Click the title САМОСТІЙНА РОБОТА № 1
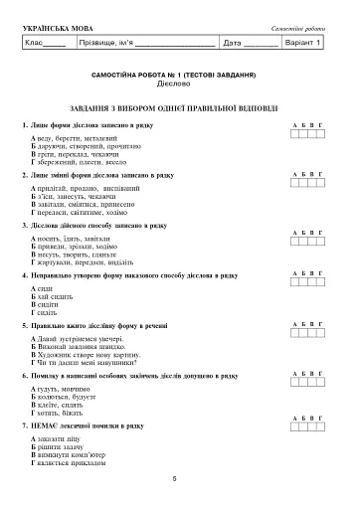180,75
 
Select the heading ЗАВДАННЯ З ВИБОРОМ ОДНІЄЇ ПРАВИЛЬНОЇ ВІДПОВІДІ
180,105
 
